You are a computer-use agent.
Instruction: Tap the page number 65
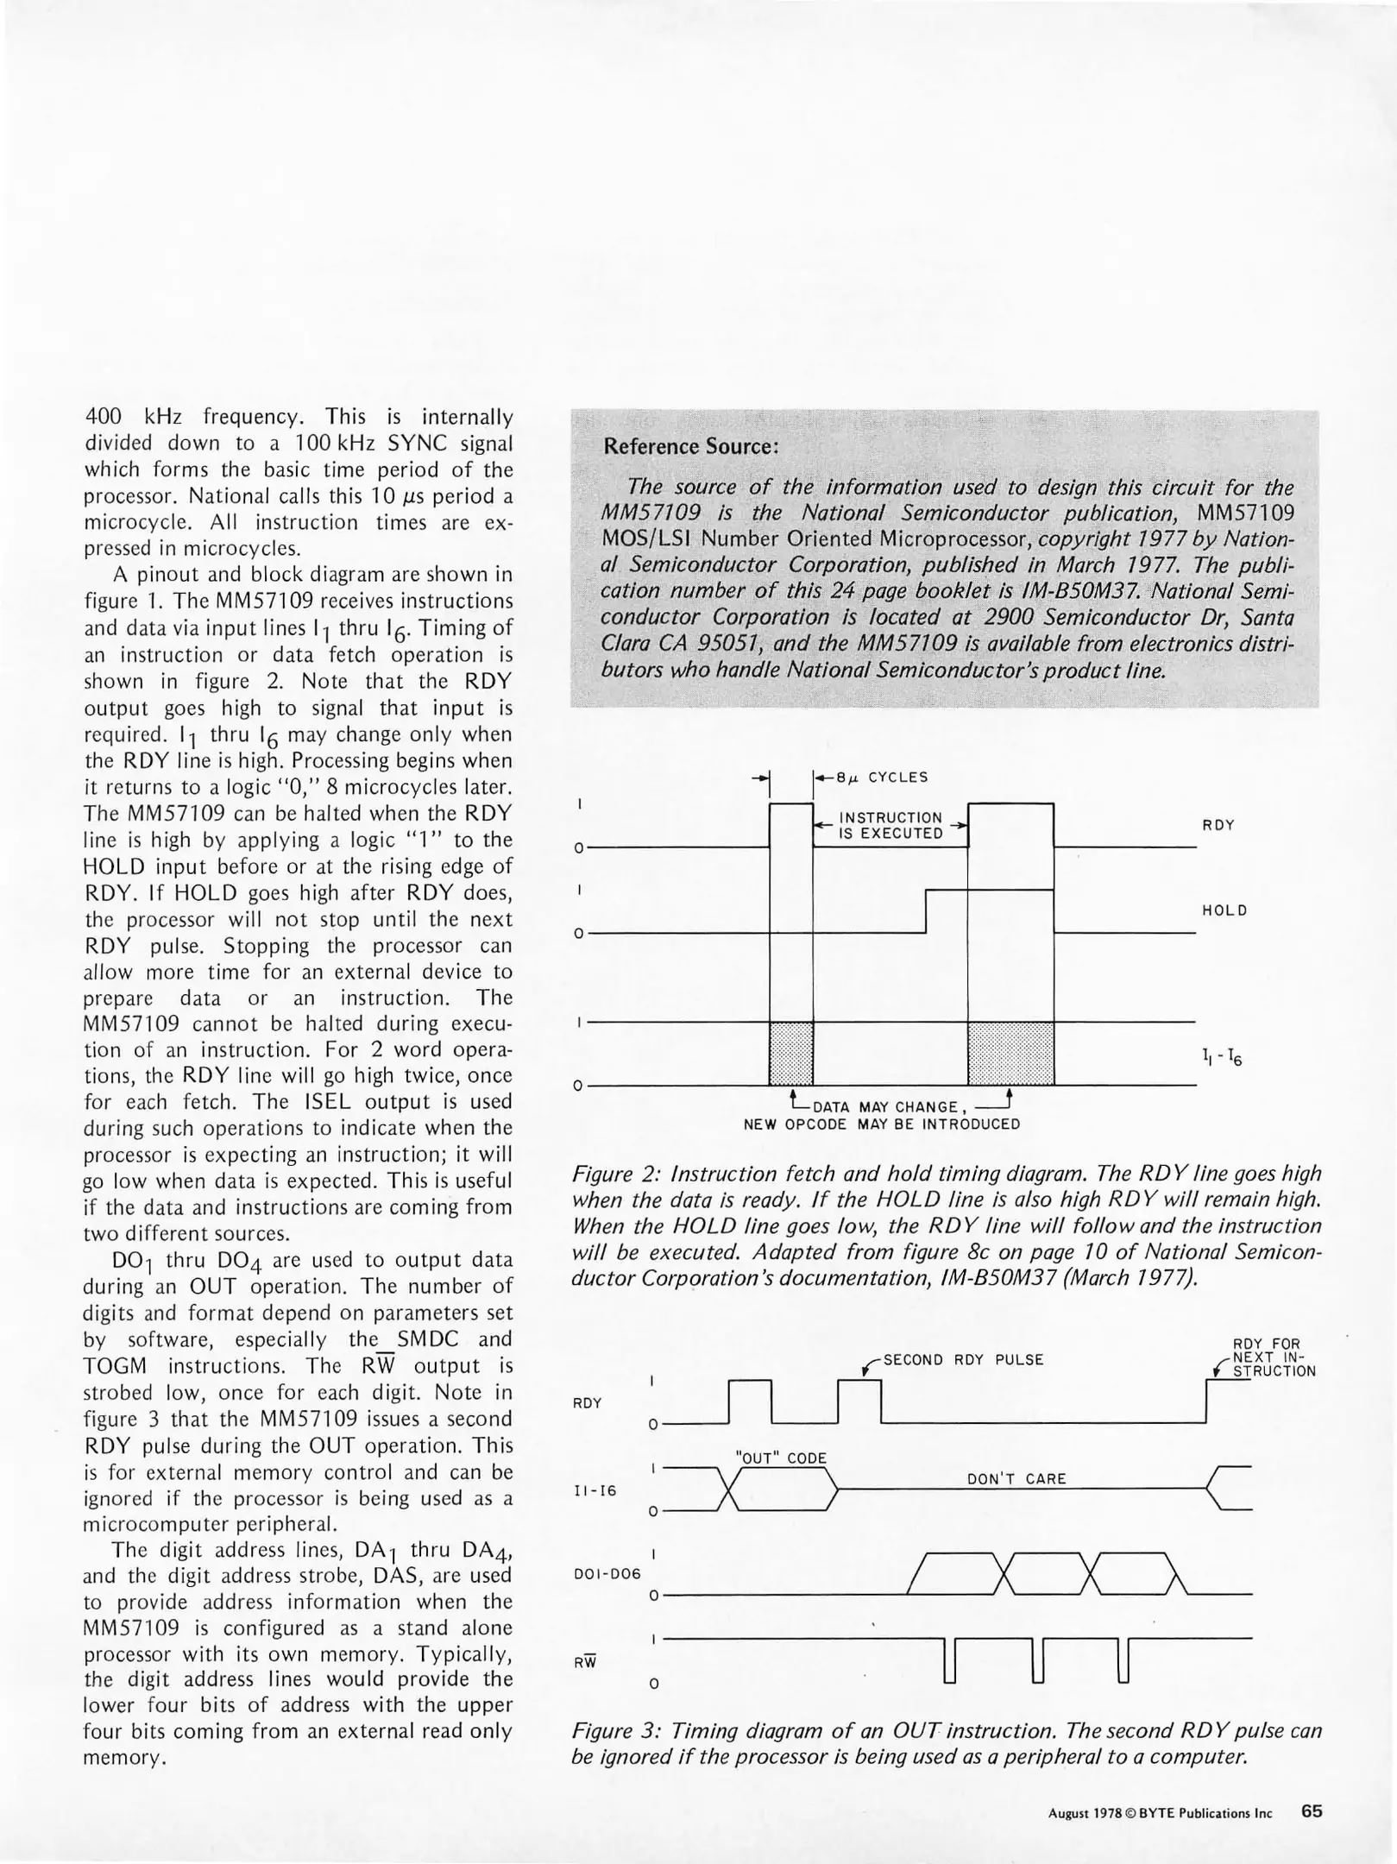pyautogui.click(x=1312, y=1811)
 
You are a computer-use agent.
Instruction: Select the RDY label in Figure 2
pyautogui.click(x=1218, y=825)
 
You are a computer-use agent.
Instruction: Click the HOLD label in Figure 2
pyautogui.click(x=1224, y=910)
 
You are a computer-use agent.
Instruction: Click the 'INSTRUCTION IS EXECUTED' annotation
pyautogui.click(x=890, y=825)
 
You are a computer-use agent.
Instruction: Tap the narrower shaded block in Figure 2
pyautogui.click(x=790, y=1053)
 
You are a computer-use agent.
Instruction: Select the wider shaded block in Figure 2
pyautogui.click(x=1010, y=1053)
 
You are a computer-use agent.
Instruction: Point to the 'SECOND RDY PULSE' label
pyautogui.click(x=963, y=1360)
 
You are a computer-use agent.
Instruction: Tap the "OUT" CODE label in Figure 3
pyautogui.click(x=780, y=1458)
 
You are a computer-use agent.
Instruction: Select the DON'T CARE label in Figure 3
pyautogui.click(x=1016, y=1479)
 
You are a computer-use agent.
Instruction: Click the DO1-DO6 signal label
pyautogui.click(x=607, y=1573)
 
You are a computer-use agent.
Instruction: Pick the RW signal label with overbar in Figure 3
pyautogui.click(x=585, y=1661)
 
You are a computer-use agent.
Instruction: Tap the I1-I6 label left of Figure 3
pyautogui.click(x=595, y=1489)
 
